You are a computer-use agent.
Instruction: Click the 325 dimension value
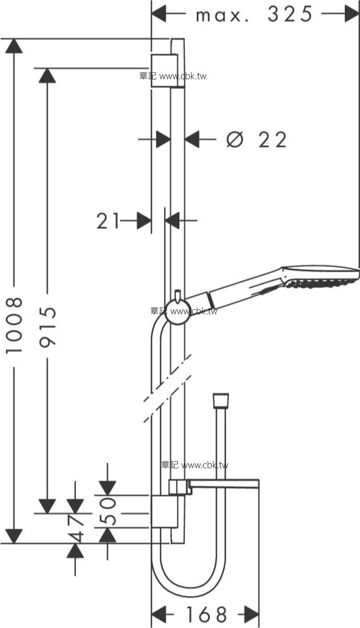(290, 14)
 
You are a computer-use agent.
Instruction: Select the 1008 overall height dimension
(14, 325)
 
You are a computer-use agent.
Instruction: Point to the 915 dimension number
(48, 327)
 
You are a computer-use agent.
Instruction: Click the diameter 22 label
(256, 139)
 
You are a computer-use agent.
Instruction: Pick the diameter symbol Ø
(234, 139)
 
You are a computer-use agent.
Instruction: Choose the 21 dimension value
(108, 221)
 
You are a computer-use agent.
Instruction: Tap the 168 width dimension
(207, 614)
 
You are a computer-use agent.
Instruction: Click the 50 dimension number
(108, 511)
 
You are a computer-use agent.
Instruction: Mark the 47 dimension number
(75, 528)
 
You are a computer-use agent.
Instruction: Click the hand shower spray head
(321, 276)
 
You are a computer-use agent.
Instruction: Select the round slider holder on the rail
(177, 312)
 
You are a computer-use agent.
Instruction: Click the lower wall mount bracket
(164, 512)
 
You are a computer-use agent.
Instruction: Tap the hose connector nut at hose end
(221, 400)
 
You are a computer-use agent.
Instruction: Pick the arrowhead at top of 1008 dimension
(14, 46)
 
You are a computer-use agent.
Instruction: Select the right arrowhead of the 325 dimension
(352, 14)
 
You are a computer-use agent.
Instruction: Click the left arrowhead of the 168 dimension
(159, 614)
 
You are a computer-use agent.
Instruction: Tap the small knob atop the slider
(178, 296)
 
